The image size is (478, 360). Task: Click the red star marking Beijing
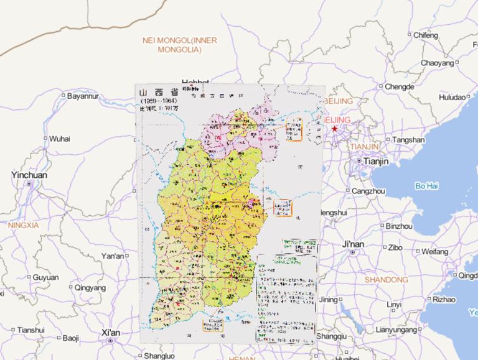pyautogui.click(x=335, y=129)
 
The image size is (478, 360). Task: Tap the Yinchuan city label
pyautogui.click(x=29, y=175)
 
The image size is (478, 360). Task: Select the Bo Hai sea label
pyautogui.click(x=427, y=186)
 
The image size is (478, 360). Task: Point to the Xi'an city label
pyautogui.click(x=111, y=333)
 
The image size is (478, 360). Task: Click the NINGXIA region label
pyautogui.click(x=23, y=224)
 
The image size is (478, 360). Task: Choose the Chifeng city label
pyautogui.click(x=426, y=35)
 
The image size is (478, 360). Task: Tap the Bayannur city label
pyautogui.click(x=83, y=96)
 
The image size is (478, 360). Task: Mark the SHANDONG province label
pyautogui.click(x=386, y=280)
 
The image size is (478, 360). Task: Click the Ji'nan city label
pyautogui.click(x=353, y=245)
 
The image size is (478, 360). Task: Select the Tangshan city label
pyautogui.click(x=408, y=140)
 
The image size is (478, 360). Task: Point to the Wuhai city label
pyautogui.click(x=60, y=138)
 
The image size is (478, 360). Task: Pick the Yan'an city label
pyautogui.click(x=113, y=256)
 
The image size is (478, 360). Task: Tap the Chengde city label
pyautogui.click(x=399, y=87)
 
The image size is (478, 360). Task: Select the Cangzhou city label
pyautogui.click(x=368, y=191)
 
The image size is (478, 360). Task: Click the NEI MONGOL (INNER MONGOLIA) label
pyautogui.click(x=180, y=44)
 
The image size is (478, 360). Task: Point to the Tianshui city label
pyautogui.click(x=31, y=330)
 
